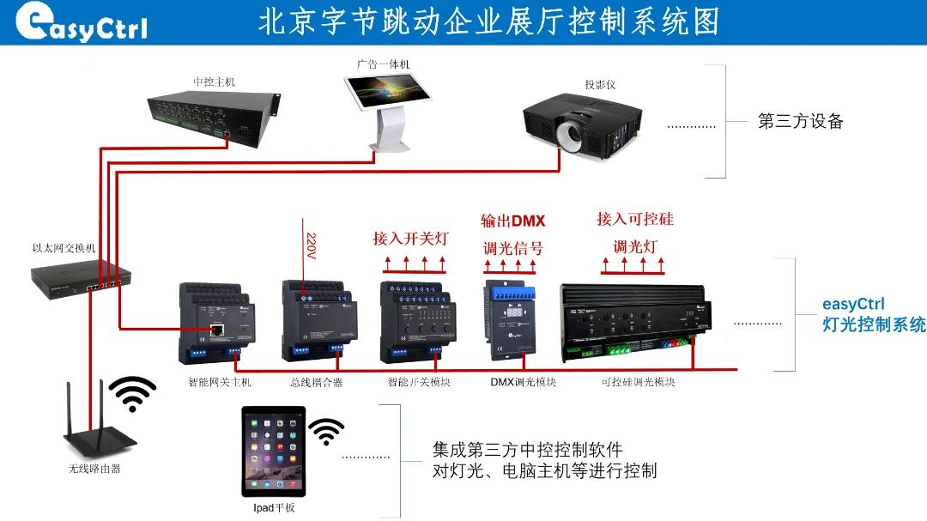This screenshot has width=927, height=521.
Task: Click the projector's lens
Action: tap(571, 134)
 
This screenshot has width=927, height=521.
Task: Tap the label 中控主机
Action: tap(214, 82)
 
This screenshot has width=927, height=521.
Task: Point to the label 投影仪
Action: tap(600, 85)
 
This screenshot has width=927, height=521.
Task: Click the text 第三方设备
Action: tap(800, 121)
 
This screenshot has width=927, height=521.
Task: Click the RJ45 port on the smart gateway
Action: tap(219, 328)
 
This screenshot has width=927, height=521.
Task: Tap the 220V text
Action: tap(312, 246)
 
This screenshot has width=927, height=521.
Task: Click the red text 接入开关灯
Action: tap(410, 238)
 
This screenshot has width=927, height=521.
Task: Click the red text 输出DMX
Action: tap(513, 221)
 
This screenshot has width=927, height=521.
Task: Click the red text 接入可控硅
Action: tap(635, 219)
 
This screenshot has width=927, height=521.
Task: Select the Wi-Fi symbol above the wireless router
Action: tap(132, 394)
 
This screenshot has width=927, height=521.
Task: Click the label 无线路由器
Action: tap(94, 469)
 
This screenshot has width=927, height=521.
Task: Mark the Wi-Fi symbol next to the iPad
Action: tap(326, 431)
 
